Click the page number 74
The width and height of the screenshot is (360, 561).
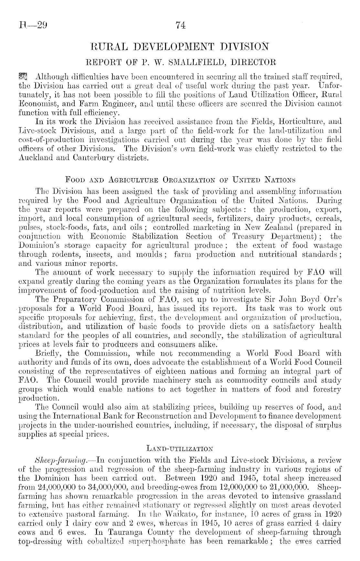coord(180,25)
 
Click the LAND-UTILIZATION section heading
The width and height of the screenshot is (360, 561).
coord(180,448)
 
